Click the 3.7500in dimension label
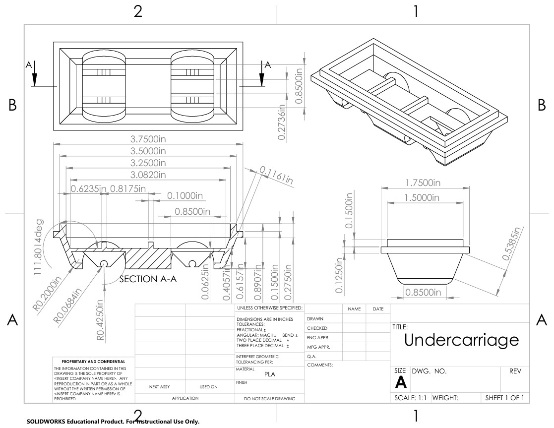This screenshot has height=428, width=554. coord(148,139)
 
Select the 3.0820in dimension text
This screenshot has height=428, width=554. coord(148,175)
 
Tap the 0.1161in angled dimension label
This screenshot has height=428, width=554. coord(276,175)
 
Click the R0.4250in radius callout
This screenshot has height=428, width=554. coord(101,320)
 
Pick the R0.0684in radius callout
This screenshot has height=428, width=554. coord(67,306)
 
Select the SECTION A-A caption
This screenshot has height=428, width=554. coord(148,279)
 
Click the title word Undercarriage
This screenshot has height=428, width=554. coord(461,340)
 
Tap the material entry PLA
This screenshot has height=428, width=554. coord(270,374)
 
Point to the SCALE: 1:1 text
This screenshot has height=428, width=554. coord(411,398)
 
